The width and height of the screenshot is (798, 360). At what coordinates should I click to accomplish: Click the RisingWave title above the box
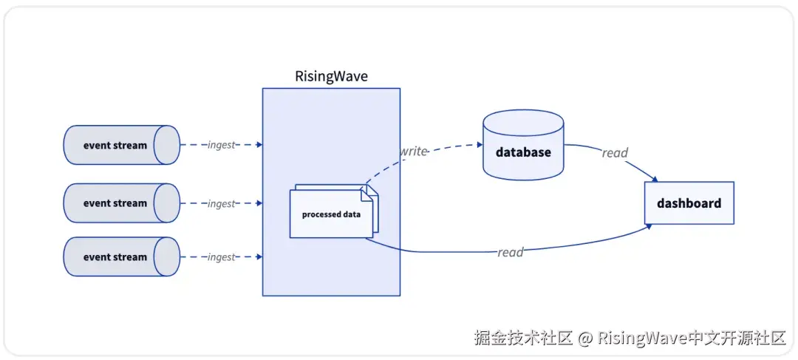pyautogui.click(x=331, y=76)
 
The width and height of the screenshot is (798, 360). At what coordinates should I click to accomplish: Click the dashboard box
pyautogui.click(x=689, y=203)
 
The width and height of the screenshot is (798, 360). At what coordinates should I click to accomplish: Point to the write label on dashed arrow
pyautogui.click(x=413, y=152)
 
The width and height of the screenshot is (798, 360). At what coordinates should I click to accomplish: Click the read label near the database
pyautogui.click(x=614, y=153)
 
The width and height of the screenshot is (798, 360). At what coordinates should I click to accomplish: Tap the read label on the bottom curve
pyautogui.click(x=510, y=252)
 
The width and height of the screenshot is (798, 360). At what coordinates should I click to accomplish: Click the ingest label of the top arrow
pyautogui.click(x=221, y=145)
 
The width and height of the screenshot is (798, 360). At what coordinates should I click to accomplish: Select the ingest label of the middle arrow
pyautogui.click(x=221, y=203)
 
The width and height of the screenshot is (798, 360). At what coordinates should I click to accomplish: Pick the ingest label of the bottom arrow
pyautogui.click(x=221, y=257)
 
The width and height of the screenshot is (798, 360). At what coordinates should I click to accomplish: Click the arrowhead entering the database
pyautogui.click(x=479, y=145)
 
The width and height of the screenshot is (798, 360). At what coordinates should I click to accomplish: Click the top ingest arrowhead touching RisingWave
pyautogui.click(x=259, y=145)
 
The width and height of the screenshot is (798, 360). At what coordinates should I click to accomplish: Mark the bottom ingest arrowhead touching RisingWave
pyautogui.click(x=259, y=257)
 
